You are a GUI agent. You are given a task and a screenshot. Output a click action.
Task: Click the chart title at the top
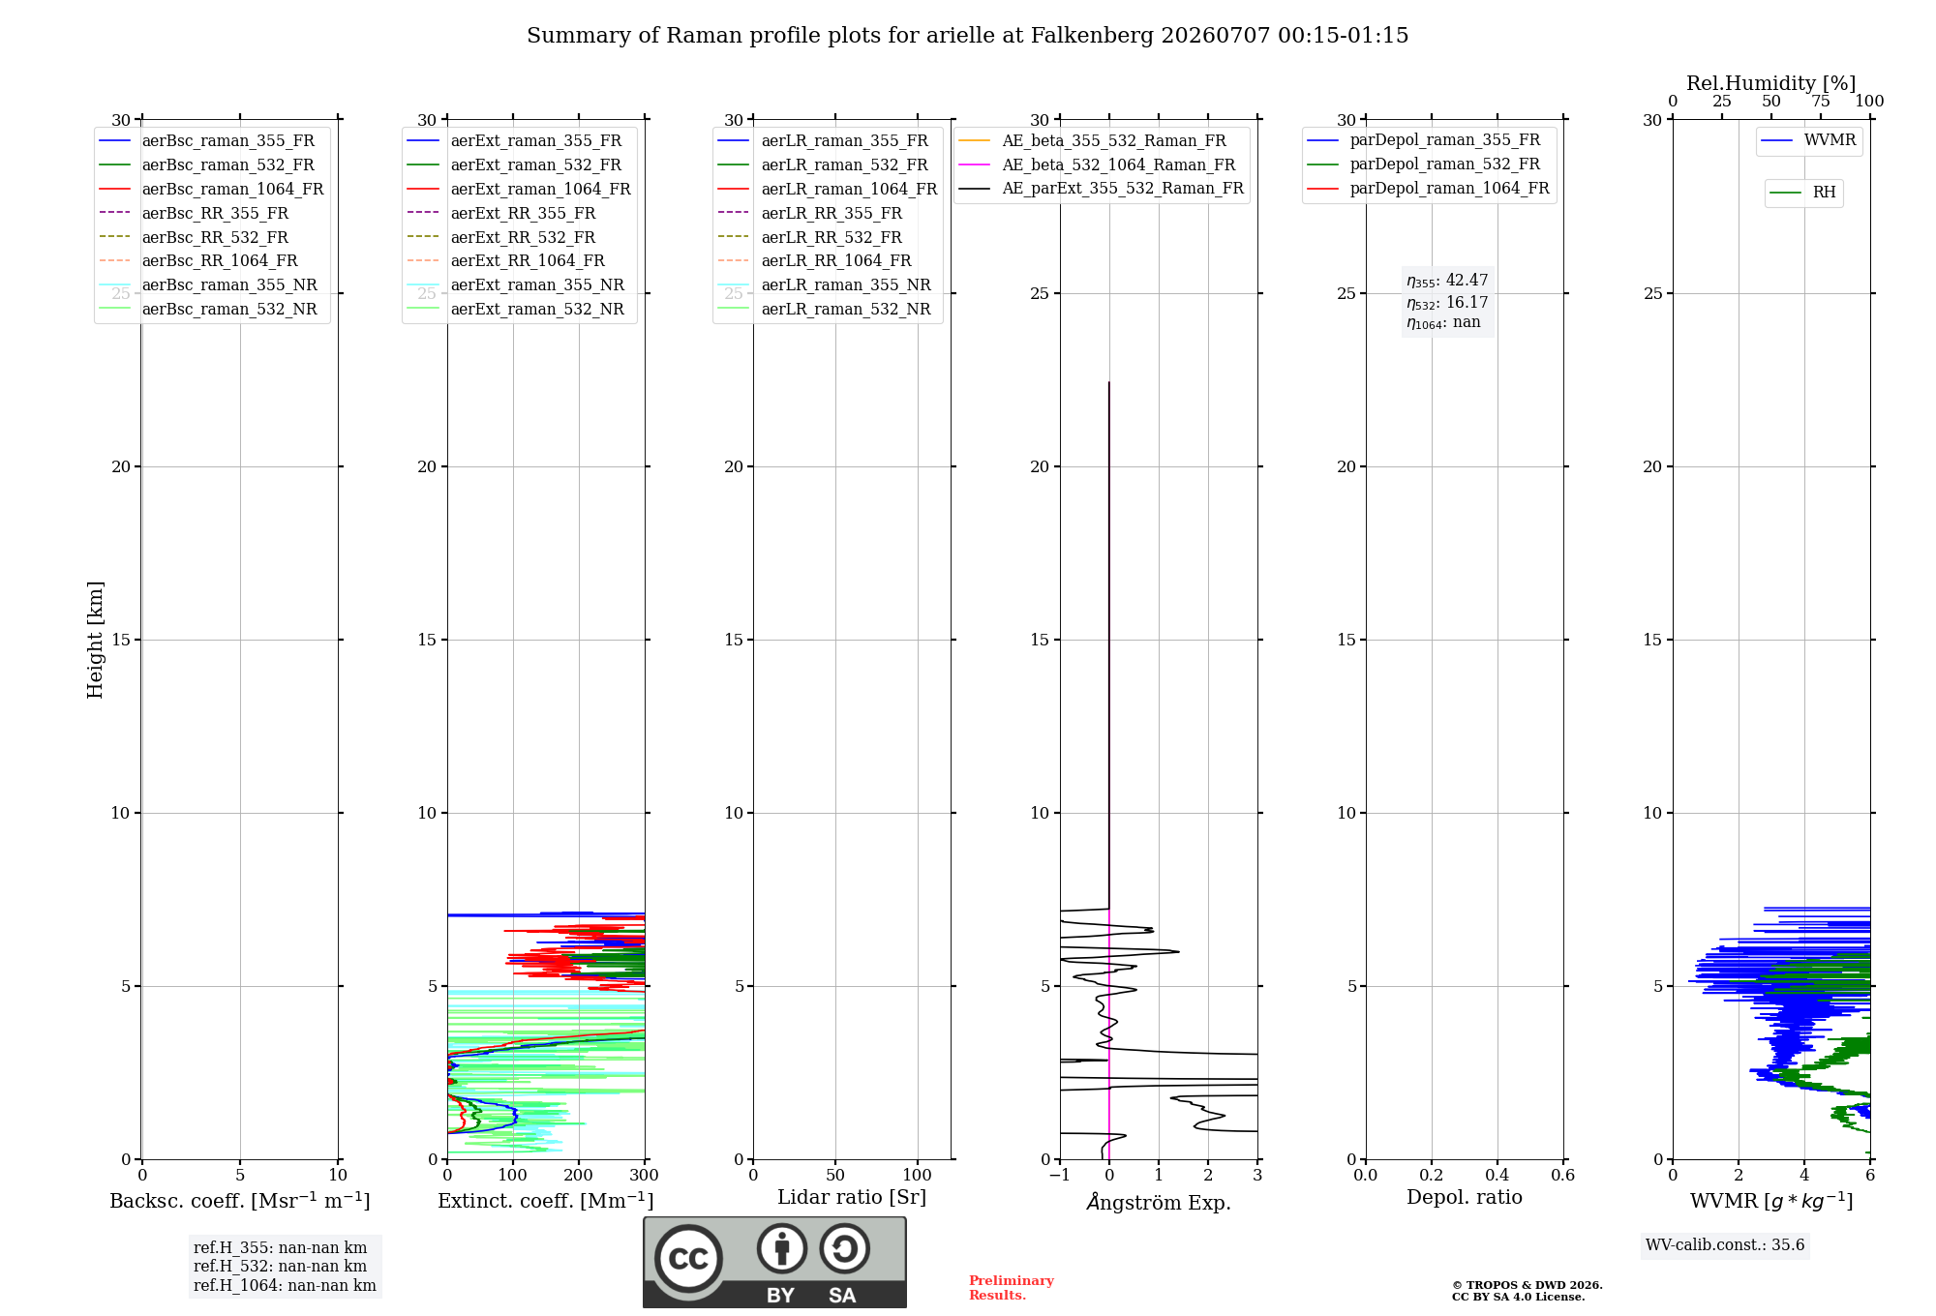coord(967,36)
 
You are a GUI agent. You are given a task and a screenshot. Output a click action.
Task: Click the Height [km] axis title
coord(95,640)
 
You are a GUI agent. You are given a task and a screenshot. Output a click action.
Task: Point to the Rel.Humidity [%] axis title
coord(1771,83)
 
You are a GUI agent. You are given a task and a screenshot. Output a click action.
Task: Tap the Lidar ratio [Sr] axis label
coord(852,1197)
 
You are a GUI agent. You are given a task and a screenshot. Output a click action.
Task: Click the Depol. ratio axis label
coord(1465,1197)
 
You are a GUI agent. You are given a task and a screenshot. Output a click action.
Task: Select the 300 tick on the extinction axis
coord(644,1175)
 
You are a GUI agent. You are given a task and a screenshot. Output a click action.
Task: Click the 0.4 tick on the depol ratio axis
coord(1497,1175)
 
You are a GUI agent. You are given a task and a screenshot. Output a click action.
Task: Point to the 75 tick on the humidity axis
coord(1821,102)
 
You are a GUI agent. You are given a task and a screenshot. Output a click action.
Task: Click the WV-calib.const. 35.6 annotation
coord(1725,1245)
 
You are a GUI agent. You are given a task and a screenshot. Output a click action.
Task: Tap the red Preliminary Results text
coord(1012,1288)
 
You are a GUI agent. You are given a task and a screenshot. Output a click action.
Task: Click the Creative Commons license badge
coord(774,1263)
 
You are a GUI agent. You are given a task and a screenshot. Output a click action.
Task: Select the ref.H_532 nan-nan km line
coord(280,1267)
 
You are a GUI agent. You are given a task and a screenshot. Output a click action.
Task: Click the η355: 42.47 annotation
coord(1447,281)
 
